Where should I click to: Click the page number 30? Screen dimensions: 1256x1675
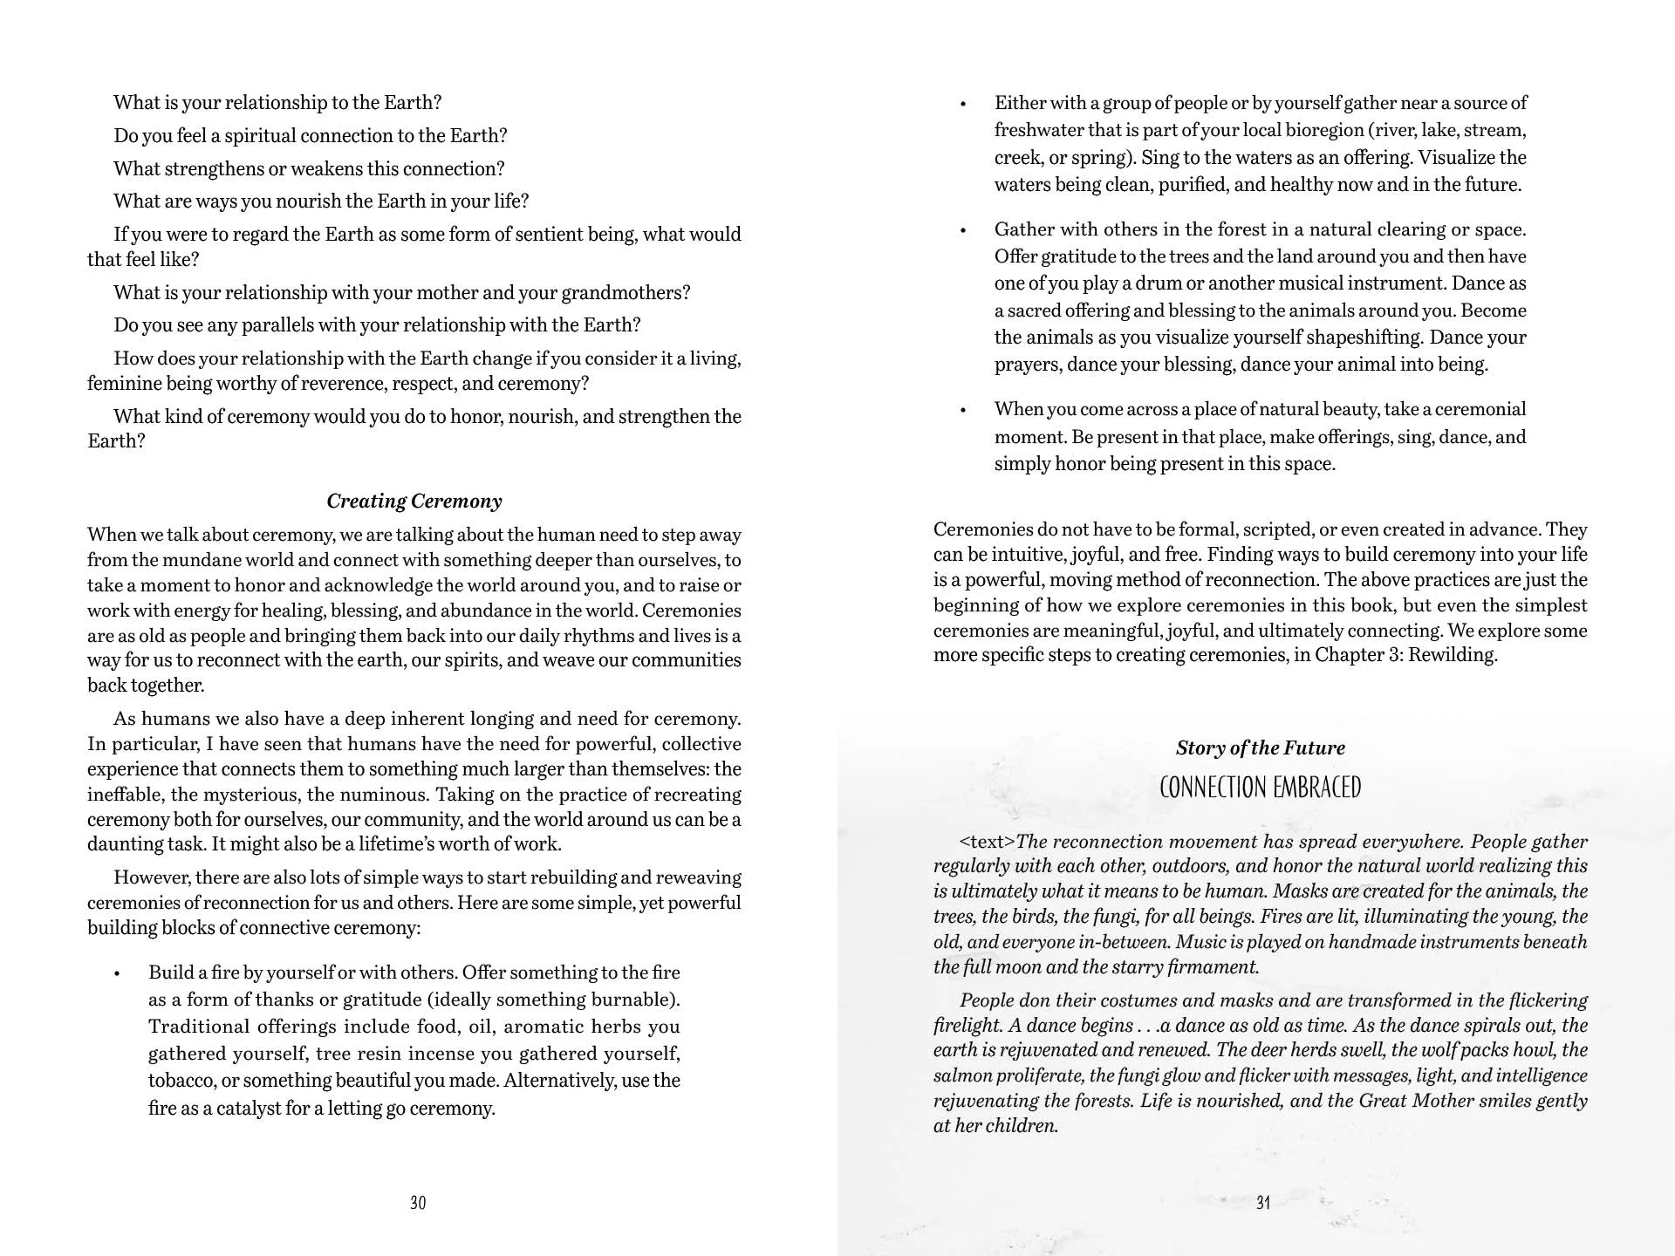[418, 1203]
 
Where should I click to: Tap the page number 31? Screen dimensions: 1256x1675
[1263, 1203]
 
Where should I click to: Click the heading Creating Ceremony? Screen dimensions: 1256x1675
[414, 501]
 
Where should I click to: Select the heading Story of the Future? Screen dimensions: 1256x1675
[1260, 747]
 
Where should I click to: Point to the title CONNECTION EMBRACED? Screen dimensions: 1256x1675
[1260, 788]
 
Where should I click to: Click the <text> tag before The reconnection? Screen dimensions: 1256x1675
[988, 842]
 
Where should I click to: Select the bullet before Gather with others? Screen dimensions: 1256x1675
[963, 231]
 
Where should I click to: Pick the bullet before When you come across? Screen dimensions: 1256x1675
[963, 411]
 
